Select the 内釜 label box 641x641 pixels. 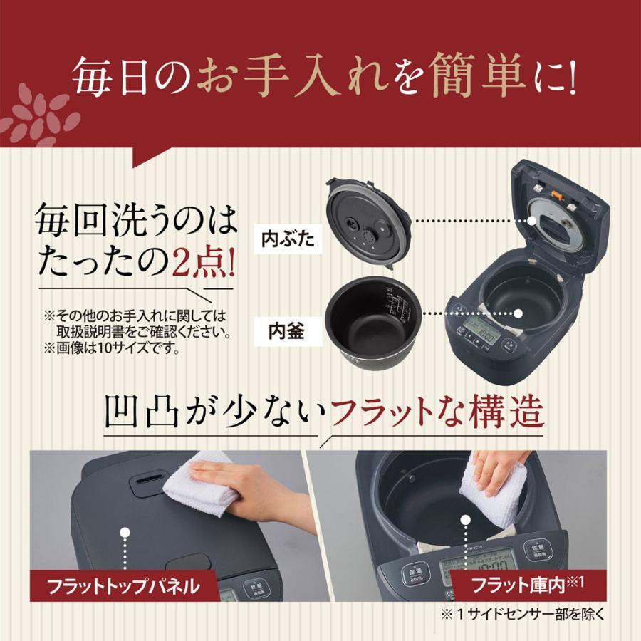[x=287, y=332]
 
